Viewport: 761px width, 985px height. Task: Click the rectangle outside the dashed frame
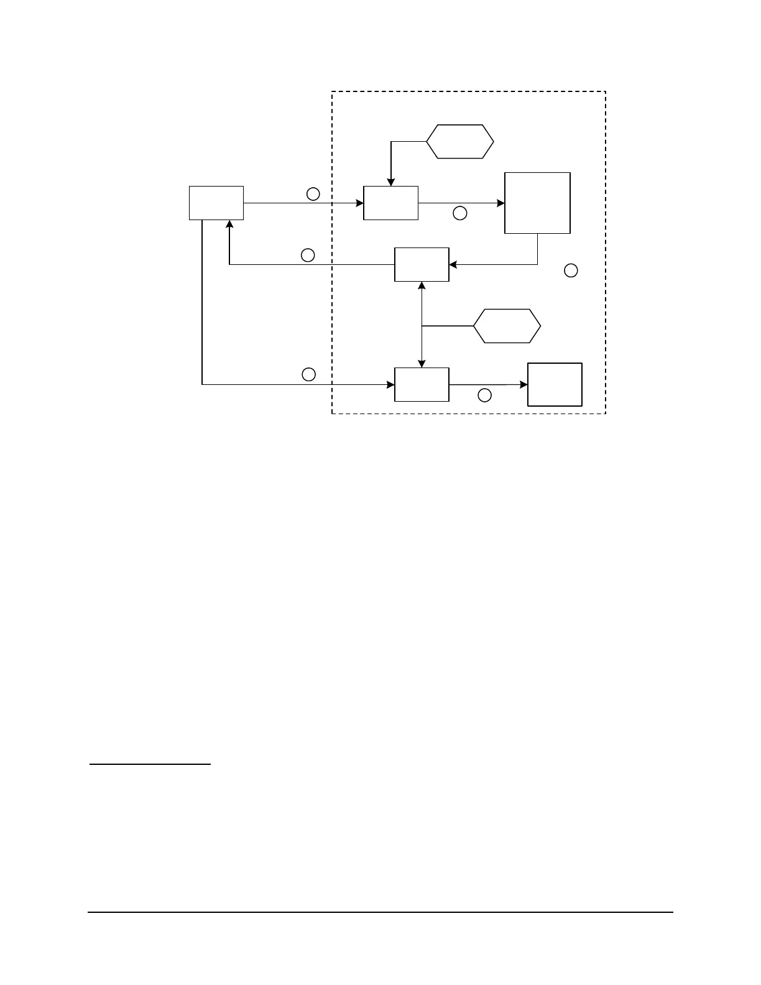click(x=216, y=203)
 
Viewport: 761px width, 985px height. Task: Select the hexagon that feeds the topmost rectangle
click(x=460, y=142)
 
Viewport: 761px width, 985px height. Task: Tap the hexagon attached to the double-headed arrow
click(x=507, y=325)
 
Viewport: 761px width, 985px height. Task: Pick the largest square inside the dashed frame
click(x=537, y=203)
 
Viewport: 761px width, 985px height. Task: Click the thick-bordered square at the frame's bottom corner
click(x=555, y=384)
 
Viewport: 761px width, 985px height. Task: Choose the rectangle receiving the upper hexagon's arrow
click(x=390, y=203)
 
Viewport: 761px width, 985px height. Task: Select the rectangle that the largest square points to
click(x=422, y=264)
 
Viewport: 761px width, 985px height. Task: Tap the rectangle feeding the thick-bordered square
click(x=422, y=384)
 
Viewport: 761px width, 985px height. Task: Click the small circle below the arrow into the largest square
click(x=459, y=213)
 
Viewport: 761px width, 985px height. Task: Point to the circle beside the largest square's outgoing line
click(x=570, y=270)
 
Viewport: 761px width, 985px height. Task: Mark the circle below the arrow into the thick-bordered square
click(x=484, y=395)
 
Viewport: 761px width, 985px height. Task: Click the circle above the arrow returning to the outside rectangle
click(x=308, y=255)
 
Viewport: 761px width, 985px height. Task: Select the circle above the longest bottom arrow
click(x=308, y=374)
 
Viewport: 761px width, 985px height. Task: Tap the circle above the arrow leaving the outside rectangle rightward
click(x=313, y=194)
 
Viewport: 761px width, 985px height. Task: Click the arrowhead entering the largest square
click(x=500, y=203)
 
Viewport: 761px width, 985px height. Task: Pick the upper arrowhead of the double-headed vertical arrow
click(x=422, y=285)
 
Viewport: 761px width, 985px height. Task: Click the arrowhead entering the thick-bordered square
click(x=523, y=384)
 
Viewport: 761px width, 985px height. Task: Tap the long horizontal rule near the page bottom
click(x=380, y=912)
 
